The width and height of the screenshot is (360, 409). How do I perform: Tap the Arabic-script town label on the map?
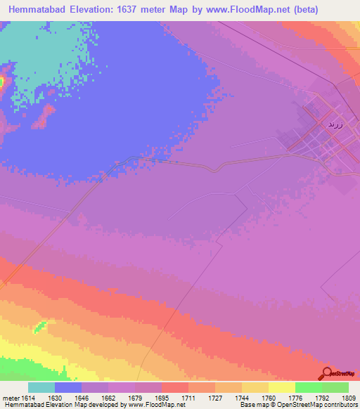[x=334, y=124]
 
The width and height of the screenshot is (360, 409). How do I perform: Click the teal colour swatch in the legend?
[x=41, y=387]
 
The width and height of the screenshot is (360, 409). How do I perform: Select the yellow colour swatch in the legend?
[x=282, y=387]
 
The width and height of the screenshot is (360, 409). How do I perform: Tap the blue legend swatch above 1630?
[x=68, y=387]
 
